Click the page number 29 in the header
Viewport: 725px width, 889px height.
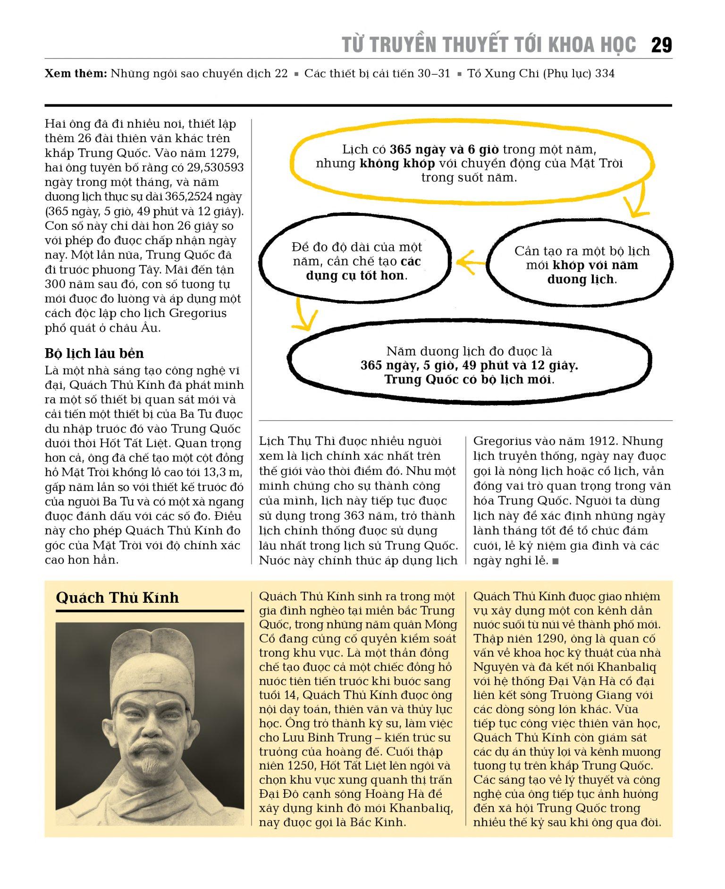click(661, 45)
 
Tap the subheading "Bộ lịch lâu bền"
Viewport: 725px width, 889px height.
click(94, 353)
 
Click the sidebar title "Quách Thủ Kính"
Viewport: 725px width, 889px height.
click(117, 598)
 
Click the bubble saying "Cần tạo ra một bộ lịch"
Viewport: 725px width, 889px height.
click(581, 265)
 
